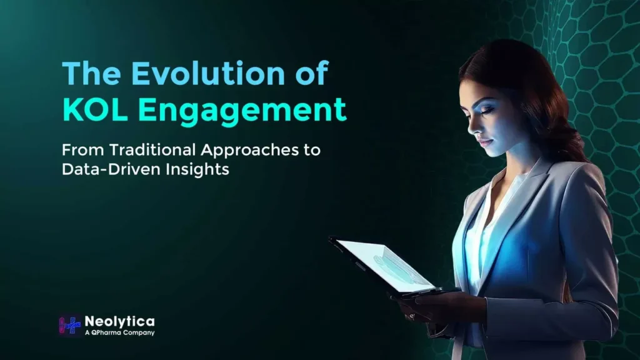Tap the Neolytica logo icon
tap(70, 326)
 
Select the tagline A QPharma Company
tap(119, 333)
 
